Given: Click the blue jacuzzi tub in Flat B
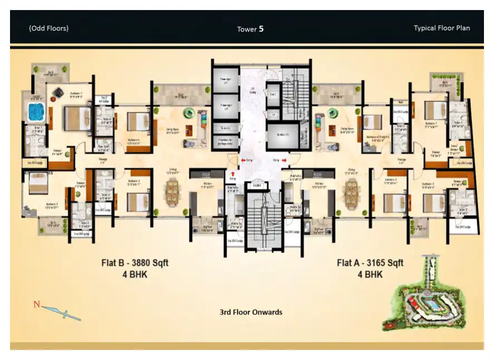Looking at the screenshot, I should tap(36, 113).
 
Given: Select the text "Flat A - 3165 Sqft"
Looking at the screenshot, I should tap(370, 262).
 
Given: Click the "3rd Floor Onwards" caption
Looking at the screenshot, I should tap(251, 312).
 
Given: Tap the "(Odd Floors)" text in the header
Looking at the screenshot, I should tap(49, 28).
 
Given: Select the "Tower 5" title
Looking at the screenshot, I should tap(250, 28).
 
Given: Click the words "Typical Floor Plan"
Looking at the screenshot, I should tap(442, 28).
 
